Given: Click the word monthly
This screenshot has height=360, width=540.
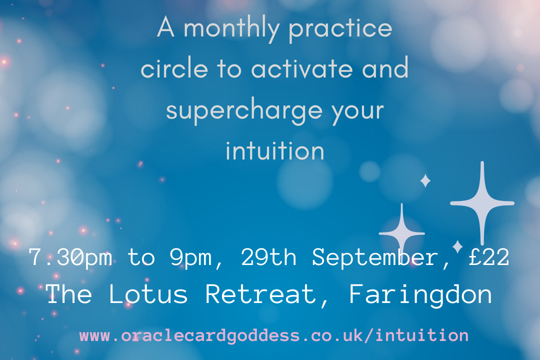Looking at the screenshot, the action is pos(231,29).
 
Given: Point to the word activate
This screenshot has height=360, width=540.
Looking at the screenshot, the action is pos(301,68).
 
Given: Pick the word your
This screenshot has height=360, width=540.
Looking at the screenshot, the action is pos(358,112).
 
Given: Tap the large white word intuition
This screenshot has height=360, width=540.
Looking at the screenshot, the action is pos(275,150).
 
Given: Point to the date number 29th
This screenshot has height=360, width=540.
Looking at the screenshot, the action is pos(268,256).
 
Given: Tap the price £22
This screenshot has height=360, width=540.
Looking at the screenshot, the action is pos(489,256).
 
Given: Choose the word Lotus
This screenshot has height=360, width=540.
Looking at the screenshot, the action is pos(148,294).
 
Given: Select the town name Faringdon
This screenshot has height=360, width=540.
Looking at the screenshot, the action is pos(420,295).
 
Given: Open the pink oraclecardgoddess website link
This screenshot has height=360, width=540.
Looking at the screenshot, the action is pos(274,335).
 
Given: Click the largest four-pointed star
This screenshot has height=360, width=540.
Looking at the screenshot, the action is pos(482,203).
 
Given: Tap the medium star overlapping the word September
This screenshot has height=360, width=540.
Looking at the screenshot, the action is pos(402,233).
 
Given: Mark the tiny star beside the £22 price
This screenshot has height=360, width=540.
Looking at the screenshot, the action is pos(457,246).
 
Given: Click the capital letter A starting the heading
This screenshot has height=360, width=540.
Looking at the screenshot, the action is pos(165,27).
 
